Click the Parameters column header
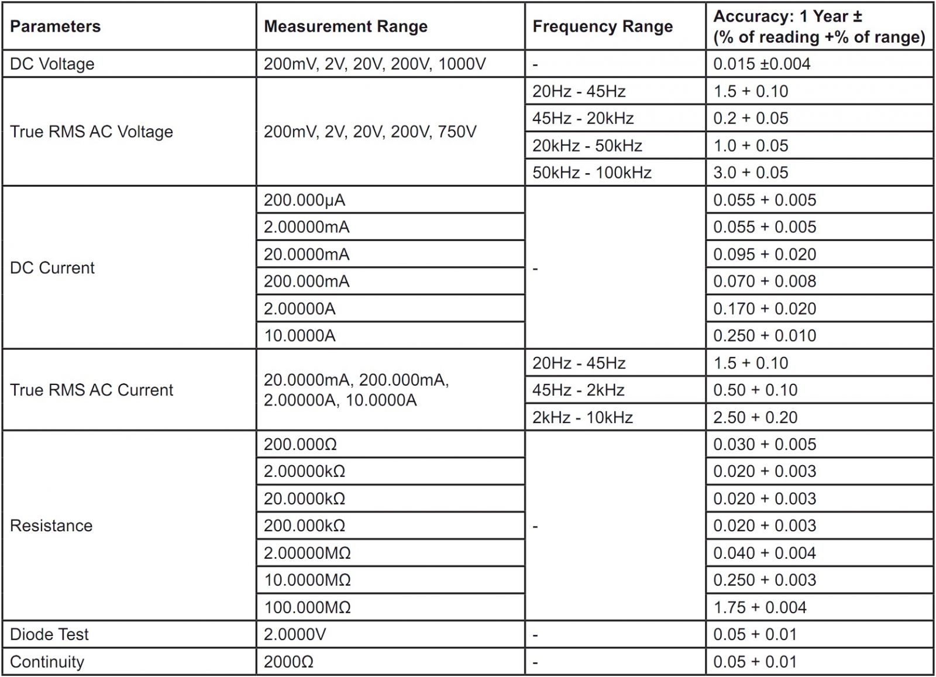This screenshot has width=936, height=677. [x=56, y=26]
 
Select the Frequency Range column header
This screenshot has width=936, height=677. [x=603, y=26]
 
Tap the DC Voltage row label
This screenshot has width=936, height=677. [x=52, y=64]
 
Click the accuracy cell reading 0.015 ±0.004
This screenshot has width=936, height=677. [x=762, y=64]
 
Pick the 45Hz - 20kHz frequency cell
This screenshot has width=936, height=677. [x=583, y=118]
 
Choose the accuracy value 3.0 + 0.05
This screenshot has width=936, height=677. [x=751, y=173]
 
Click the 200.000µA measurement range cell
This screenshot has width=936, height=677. [x=304, y=200]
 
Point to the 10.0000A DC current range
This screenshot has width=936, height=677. [x=300, y=336]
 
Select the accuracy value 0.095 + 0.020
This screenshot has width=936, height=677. [x=765, y=255]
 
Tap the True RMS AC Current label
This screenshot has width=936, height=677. [x=91, y=390]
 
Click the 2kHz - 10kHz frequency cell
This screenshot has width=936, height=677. [x=583, y=417]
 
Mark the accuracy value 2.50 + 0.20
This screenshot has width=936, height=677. [x=755, y=417]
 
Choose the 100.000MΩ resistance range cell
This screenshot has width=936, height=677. [x=307, y=607]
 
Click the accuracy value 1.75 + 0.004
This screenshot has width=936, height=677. [x=760, y=607]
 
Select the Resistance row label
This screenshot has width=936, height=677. [x=51, y=525]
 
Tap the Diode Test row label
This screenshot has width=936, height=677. [x=49, y=634]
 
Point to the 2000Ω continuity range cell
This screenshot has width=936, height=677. [x=288, y=662]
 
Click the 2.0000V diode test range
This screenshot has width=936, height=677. [x=295, y=634]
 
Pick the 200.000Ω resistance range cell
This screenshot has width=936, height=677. [x=300, y=444]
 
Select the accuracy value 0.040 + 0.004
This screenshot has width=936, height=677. [x=765, y=553]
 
